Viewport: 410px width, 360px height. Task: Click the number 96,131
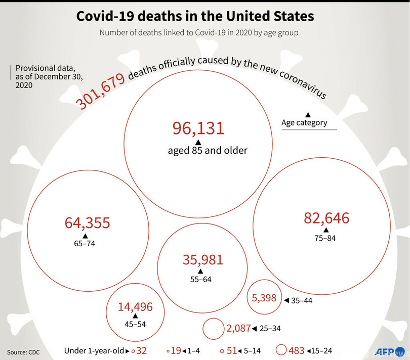198,128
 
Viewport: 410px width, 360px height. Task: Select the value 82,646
326,219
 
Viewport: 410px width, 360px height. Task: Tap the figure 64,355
87,223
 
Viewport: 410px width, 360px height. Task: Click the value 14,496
135,306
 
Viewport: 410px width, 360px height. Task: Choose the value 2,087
238,329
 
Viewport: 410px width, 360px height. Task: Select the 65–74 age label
85,244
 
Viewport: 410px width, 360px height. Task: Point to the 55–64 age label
200,279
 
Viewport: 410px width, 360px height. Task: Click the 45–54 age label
135,324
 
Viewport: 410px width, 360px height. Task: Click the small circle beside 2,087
213,329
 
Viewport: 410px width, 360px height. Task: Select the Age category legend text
304,122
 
